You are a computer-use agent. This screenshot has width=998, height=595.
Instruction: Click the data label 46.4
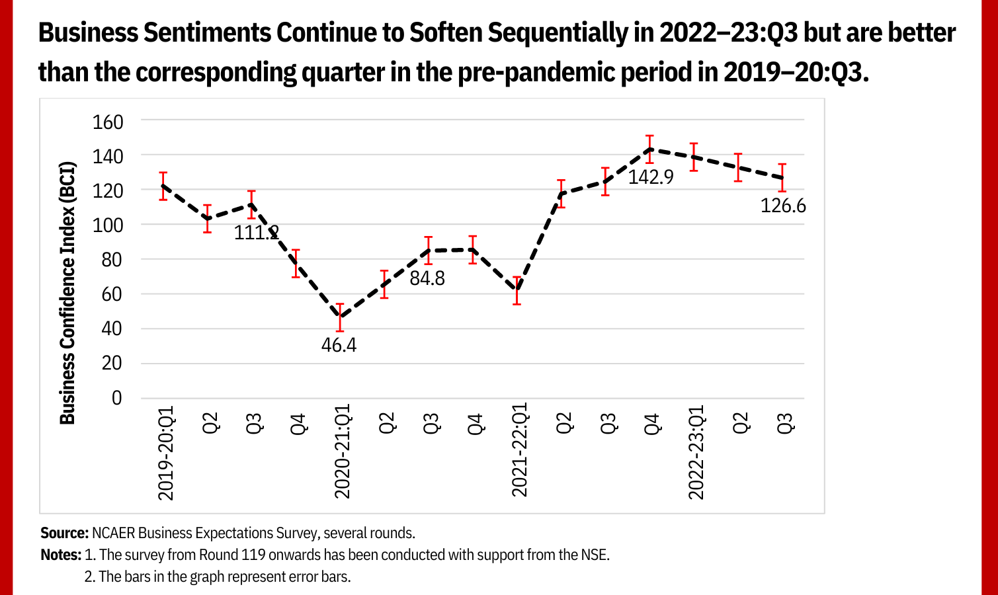(339, 345)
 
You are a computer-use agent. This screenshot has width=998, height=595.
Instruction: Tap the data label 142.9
(650, 177)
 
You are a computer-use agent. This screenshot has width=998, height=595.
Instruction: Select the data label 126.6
(783, 206)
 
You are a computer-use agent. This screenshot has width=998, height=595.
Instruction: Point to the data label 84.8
(427, 278)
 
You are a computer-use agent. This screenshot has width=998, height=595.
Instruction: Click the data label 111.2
(256, 232)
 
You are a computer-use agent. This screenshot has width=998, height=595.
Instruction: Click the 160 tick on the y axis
(108, 122)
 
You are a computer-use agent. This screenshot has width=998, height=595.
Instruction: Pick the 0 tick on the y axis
(116, 398)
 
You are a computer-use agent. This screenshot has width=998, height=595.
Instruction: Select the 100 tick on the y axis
(108, 225)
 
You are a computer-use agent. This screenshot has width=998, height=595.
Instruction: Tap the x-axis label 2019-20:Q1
(165, 453)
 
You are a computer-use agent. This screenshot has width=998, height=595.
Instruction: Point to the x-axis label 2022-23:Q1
(696, 452)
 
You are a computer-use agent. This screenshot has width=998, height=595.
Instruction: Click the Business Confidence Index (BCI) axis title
(67, 292)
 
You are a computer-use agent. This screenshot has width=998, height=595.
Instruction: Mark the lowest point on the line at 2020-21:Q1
(340, 317)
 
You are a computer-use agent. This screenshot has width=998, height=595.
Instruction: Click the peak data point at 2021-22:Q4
(650, 149)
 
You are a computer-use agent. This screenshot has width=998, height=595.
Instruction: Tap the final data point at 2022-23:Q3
(782, 178)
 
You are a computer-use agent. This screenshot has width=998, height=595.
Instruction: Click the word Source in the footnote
(64, 533)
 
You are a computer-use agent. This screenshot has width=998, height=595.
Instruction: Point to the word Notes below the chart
(61, 555)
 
